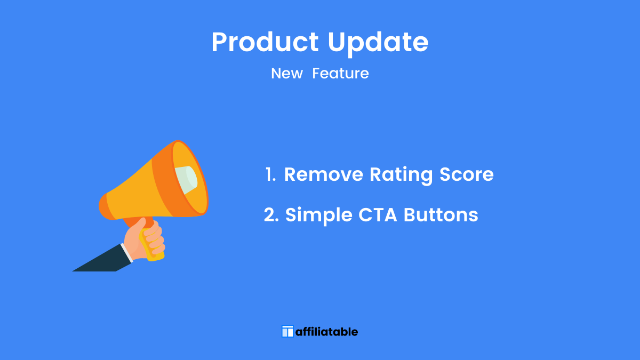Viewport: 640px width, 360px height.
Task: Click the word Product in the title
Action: [265, 42]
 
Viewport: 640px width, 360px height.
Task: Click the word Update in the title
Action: [378, 43]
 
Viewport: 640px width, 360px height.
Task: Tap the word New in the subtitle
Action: [286, 74]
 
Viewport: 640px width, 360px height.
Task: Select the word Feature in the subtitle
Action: [340, 74]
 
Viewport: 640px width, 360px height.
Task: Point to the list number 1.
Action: [270, 174]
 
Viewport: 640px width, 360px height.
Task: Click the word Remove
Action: [324, 174]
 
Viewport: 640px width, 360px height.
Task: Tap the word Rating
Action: [401, 175]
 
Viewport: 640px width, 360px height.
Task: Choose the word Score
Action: [467, 174]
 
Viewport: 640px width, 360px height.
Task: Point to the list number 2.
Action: [271, 214]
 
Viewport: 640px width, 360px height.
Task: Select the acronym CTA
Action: [378, 215]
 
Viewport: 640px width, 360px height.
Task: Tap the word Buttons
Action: [441, 215]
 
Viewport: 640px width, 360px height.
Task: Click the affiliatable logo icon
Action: [287, 331]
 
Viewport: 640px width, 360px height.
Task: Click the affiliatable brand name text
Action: [326, 332]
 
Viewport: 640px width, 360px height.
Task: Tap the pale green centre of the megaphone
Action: [186, 180]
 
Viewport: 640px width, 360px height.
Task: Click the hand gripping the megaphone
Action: [145, 239]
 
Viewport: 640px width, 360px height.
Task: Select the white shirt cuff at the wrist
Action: [127, 253]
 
